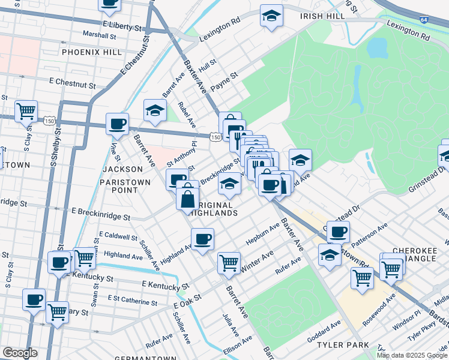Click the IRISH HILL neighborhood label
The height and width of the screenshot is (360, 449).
pyautogui.click(x=323, y=16)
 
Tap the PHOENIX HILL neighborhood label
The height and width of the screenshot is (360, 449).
pyautogui.click(x=86, y=52)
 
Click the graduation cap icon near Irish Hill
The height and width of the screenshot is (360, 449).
pyautogui.click(x=271, y=17)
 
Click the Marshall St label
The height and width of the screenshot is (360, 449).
pyautogui.click(x=99, y=35)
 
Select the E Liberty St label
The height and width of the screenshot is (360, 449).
pyautogui.click(x=126, y=25)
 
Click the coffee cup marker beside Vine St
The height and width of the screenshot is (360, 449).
pyautogui.click(x=118, y=124)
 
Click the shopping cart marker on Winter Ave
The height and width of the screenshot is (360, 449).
pyautogui.click(x=229, y=262)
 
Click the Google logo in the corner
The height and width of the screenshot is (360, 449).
pyautogui.click(x=20, y=353)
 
